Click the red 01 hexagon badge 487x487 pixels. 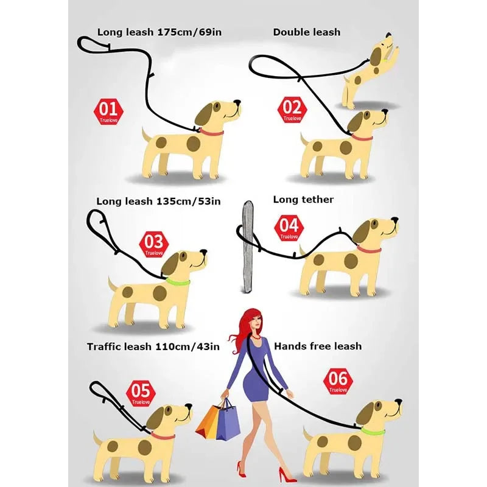pyautogui.click(x=108, y=112)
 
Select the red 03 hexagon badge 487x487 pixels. pyautogui.click(x=154, y=244)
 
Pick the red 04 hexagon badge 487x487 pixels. pyautogui.click(x=289, y=228)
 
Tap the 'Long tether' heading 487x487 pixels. pyautogui.click(x=303, y=199)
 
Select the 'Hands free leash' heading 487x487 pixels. pyautogui.click(x=318, y=346)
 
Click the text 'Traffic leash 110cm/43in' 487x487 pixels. pyautogui.click(x=153, y=346)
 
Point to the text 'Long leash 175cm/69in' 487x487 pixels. pyautogui.click(x=159, y=32)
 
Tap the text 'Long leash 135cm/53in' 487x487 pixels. pyautogui.click(x=158, y=201)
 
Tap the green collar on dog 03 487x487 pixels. pyautogui.click(x=180, y=281)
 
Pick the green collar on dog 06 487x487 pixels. pyautogui.click(x=373, y=432)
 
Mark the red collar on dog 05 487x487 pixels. pyautogui.click(x=163, y=436)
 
